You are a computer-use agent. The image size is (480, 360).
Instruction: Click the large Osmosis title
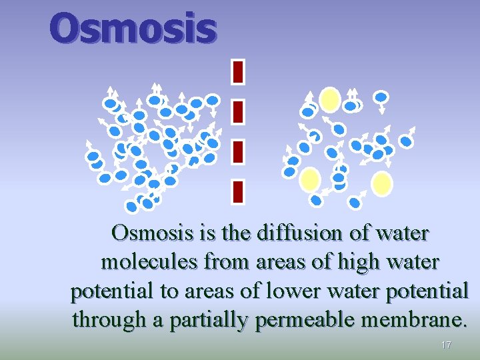click(133, 29)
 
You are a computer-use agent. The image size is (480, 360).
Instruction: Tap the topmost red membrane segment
click(239, 71)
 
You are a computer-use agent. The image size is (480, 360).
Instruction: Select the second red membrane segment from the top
click(239, 111)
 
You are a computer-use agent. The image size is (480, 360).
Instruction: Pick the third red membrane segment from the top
click(239, 151)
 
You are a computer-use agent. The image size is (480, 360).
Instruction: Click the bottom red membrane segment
click(239, 191)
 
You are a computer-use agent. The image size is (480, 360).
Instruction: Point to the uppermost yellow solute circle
click(329, 100)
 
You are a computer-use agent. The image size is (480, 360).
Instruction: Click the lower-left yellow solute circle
click(311, 179)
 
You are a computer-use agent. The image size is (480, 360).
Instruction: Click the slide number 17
click(446, 345)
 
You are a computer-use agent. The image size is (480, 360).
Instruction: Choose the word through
click(110, 321)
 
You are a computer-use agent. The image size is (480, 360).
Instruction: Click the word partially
click(213, 321)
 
